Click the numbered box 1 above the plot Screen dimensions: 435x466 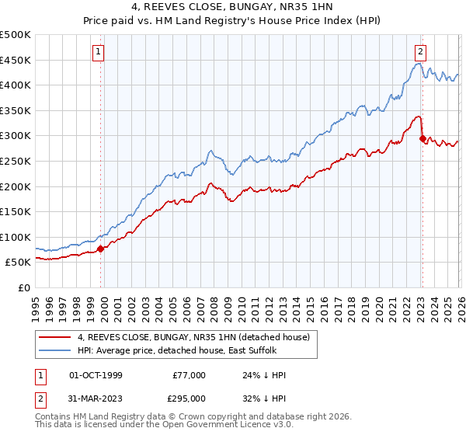99,52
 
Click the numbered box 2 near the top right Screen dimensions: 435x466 420,52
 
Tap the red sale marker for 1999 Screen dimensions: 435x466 101,249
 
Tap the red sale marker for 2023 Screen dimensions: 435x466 423,139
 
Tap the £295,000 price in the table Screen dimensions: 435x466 189,398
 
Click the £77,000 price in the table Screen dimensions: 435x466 189,375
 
